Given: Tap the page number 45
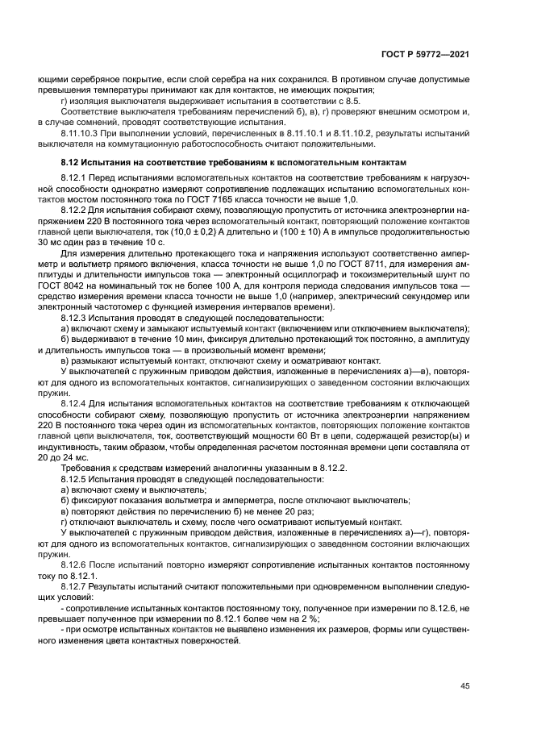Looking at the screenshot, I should click(x=464, y=686).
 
